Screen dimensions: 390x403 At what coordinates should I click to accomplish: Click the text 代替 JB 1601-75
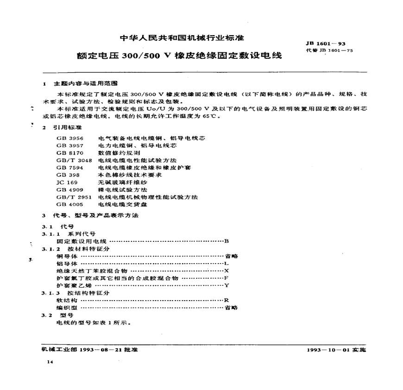click(x=330, y=50)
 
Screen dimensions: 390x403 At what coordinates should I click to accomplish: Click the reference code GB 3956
click(x=68, y=138)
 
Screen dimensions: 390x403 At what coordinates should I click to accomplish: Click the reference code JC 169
click(x=66, y=182)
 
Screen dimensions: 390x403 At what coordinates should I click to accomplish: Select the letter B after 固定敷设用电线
click(x=227, y=241)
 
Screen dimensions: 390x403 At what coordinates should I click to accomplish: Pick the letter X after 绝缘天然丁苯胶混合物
click(x=227, y=270)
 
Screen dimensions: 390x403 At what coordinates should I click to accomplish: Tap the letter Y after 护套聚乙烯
click(x=227, y=285)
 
